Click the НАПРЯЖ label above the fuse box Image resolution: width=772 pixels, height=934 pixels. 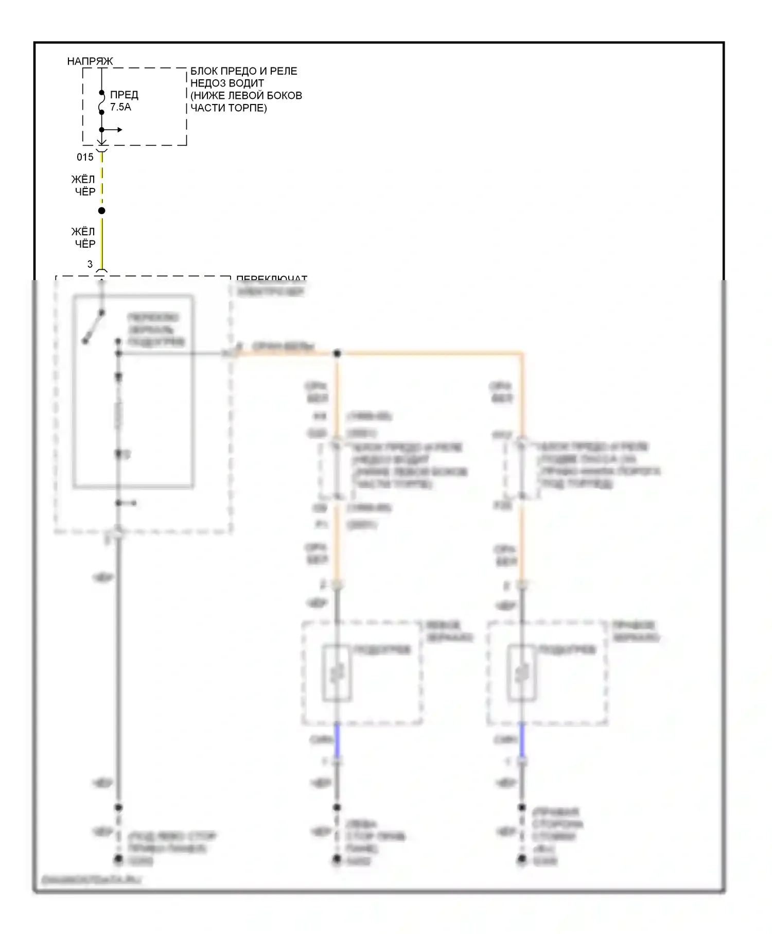[x=90, y=61]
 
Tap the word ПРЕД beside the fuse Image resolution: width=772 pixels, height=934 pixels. [x=124, y=95]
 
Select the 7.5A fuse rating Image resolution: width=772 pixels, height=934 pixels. [x=120, y=107]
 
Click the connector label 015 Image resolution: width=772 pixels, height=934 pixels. [x=85, y=157]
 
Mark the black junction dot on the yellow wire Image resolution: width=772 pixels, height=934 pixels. [x=102, y=211]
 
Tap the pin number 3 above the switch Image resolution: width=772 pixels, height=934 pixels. [x=90, y=264]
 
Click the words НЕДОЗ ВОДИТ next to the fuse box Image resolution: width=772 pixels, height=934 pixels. [x=227, y=83]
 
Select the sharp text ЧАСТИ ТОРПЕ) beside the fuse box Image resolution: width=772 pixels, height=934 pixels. [x=229, y=108]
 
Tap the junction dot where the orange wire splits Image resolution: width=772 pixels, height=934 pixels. [x=337, y=354]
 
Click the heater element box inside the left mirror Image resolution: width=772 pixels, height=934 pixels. [x=337, y=673]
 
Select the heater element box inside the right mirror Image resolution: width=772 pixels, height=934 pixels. [x=522, y=673]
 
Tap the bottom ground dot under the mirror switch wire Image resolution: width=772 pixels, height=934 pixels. [x=118, y=859]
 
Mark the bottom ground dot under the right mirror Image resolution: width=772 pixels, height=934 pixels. [x=522, y=859]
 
